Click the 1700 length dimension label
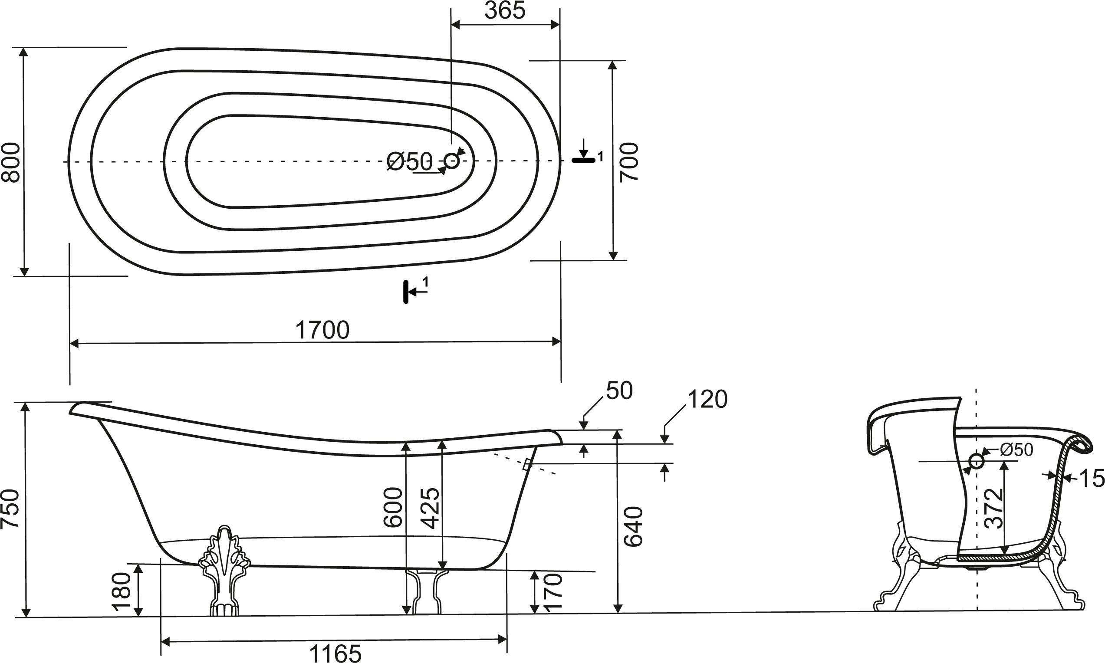(322, 330)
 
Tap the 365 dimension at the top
(505, 10)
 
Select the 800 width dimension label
(11, 162)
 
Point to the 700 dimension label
(629, 162)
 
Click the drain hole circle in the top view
(452, 161)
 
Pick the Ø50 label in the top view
(410, 161)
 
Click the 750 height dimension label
(11, 509)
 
